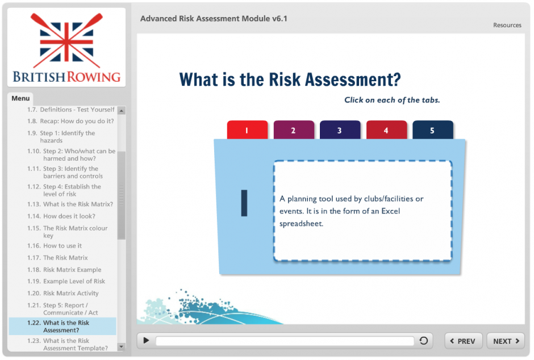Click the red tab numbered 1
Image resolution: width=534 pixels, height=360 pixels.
(x=247, y=130)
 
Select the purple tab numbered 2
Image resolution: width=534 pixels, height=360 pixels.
(x=294, y=130)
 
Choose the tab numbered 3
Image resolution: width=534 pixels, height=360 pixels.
(x=340, y=130)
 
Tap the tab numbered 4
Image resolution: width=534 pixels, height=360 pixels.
(x=386, y=130)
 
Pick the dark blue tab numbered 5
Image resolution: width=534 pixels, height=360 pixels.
(x=432, y=130)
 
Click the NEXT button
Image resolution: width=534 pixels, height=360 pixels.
(x=506, y=341)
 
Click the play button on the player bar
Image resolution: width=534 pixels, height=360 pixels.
(x=146, y=340)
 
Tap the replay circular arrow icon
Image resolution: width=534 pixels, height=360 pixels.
(x=423, y=340)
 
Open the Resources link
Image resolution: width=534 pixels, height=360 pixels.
(x=507, y=25)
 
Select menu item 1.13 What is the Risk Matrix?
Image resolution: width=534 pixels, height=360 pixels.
(x=70, y=204)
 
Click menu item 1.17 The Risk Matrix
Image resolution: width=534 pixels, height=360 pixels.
(x=57, y=258)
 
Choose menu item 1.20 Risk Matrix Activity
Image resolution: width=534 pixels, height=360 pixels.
(x=63, y=293)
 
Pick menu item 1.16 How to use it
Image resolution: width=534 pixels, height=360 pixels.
(x=55, y=246)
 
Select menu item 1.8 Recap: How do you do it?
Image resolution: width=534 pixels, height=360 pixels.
(x=70, y=121)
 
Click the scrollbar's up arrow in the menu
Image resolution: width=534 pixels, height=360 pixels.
(x=121, y=110)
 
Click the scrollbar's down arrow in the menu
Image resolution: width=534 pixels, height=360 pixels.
(x=121, y=347)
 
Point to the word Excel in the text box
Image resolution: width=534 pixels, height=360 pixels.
(x=391, y=211)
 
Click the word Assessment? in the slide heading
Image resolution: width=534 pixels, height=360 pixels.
(x=353, y=79)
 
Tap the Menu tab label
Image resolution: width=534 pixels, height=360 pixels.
(x=20, y=98)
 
